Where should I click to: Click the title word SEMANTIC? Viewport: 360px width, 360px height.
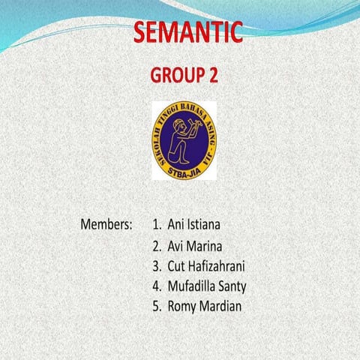pyautogui.click(x=189, y=33)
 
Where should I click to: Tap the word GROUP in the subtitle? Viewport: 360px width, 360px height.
pyautogui.click(x=174, y=76)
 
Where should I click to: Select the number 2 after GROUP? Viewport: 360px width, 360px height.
pyautogui.click(x=214, y=76)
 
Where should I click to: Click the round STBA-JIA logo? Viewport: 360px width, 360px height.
pyautogui.click(x=184, y=139)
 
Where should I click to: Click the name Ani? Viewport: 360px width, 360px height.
pyautogui.click(x=177, y=224)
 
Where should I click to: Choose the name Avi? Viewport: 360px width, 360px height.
pyautogui.click(x=177, y=245)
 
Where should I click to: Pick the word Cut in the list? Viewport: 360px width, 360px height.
pyautogui.click(x=178, y=265)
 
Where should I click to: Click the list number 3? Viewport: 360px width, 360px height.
pyautogui.click(x=155, y=265)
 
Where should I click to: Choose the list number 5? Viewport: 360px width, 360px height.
pyautogui.click(x=155, y=306)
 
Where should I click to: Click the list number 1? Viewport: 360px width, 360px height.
pyautogui.click(x=155, y=224)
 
